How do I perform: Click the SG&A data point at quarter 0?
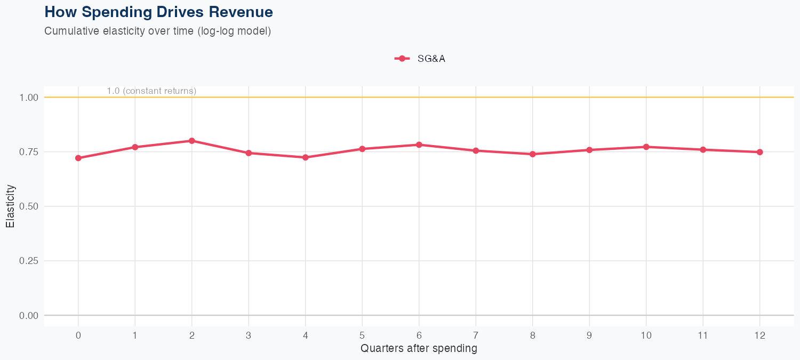click(78, 158)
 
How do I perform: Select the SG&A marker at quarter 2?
click(191, 141)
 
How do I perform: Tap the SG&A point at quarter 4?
click(305, 157)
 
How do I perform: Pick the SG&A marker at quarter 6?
click(419, 145)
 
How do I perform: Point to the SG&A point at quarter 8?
click(532, 154)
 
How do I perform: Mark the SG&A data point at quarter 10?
click(646, 147)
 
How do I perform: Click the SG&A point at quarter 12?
click(759, 152)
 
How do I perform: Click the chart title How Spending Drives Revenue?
click(158, 12)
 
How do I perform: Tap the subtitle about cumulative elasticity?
click(158, 31)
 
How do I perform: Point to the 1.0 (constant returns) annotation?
click(151, 91)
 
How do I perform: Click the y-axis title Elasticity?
click(10, 206)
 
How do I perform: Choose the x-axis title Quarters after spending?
click(419, 349)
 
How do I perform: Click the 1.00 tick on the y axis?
click(29, 98)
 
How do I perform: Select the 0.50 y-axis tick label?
click(29, 206)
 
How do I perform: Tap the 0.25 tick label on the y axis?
click(29, 261)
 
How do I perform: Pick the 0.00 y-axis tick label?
click(29, 316)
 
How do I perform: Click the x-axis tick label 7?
click(475, 335)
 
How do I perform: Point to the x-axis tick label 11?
click(703, 335)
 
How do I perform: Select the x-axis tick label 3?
click(249, 335)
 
